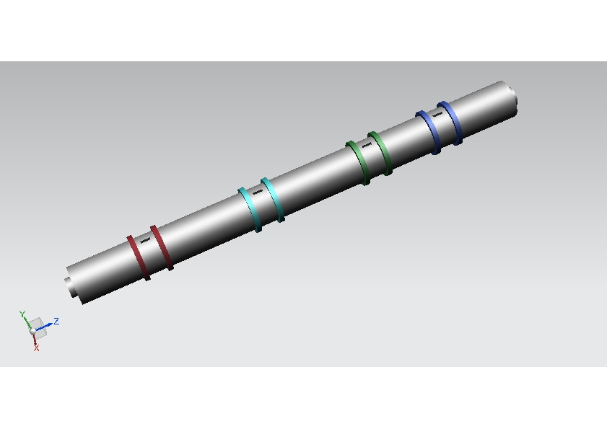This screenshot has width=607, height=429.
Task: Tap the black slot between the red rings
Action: [146, 239]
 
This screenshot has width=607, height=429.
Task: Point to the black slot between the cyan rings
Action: [258, 193]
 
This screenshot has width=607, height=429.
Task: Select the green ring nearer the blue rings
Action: [382, 153]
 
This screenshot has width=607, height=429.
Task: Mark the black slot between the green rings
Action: [367, 145]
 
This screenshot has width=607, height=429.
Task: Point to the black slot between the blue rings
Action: [437, 114]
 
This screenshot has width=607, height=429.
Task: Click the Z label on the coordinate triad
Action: [56, 321]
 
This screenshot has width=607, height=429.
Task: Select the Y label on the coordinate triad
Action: [22, 314]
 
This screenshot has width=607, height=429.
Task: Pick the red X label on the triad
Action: [36, 348]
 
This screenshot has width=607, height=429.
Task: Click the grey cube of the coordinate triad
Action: [39, 328]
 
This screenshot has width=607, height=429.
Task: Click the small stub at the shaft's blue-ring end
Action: [514, 94]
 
